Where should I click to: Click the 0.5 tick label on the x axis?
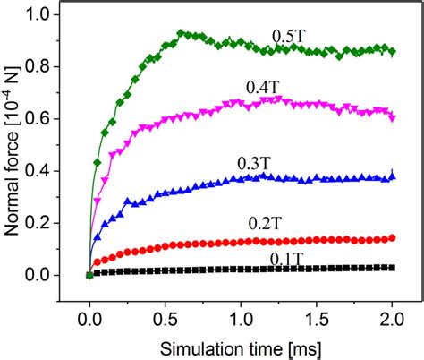point(165,316)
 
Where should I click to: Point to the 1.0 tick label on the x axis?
point(241,316)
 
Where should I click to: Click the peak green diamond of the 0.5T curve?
point(181,34)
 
